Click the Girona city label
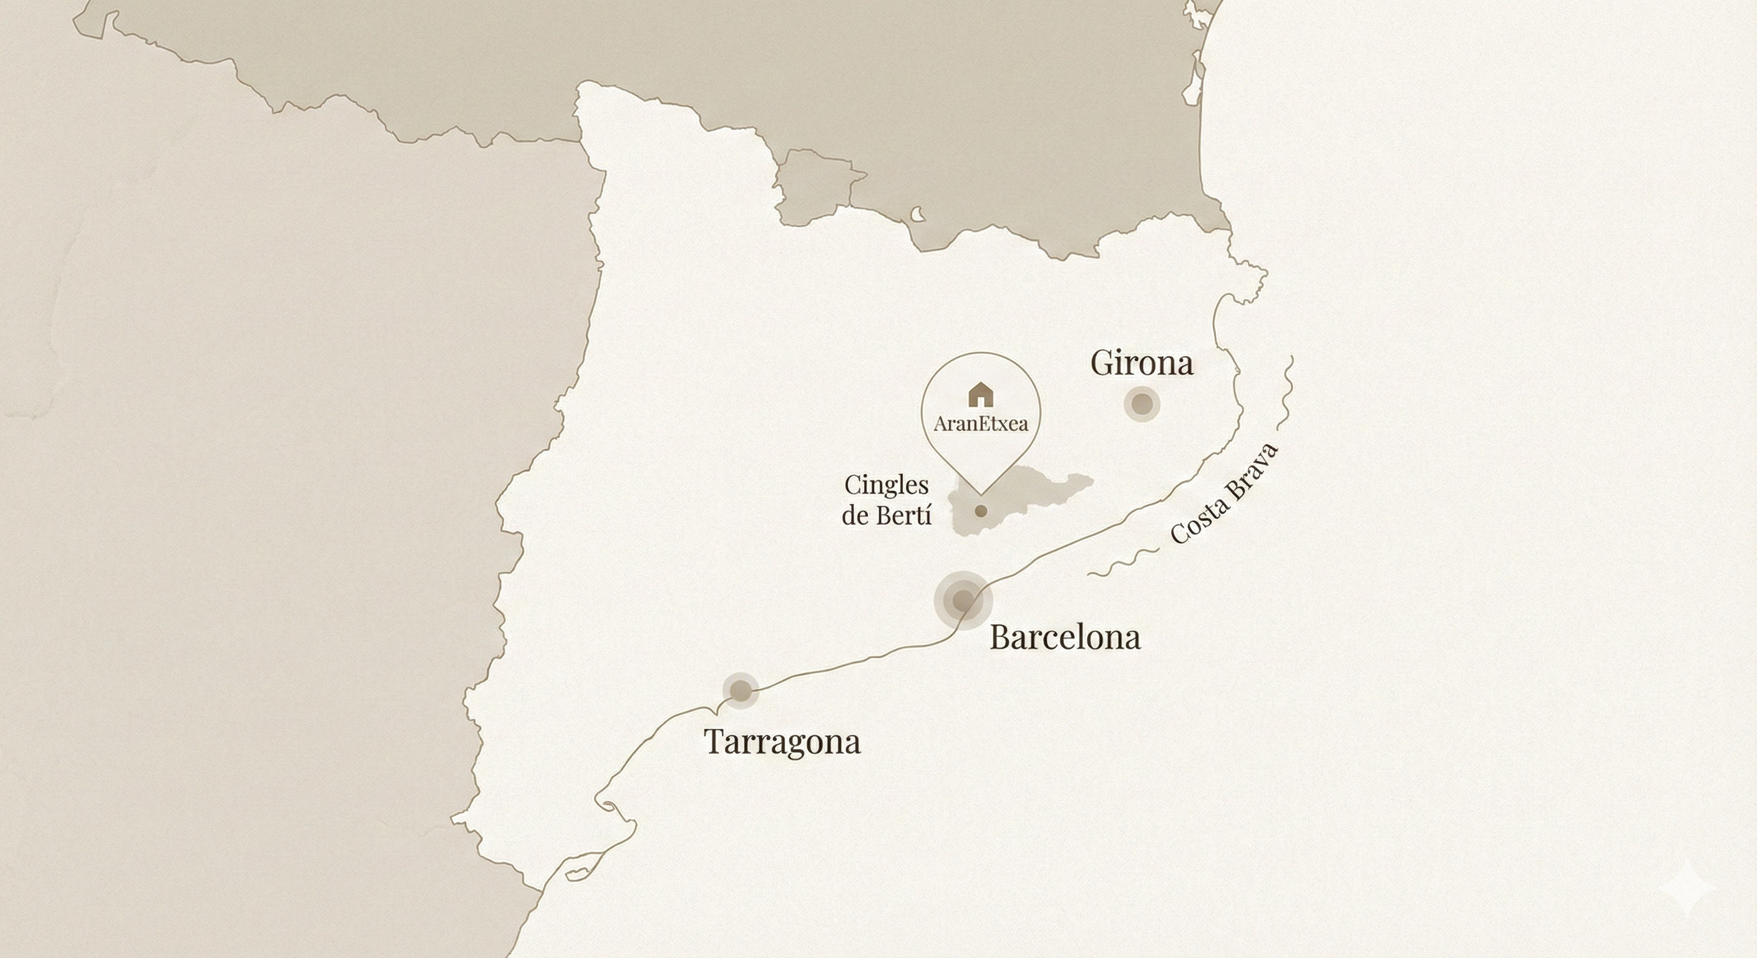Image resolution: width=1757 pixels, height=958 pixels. click(x=1142, y=363)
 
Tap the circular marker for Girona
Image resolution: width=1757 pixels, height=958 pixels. click(x=1142, y=404)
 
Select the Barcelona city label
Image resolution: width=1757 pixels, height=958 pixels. click(x=1064, y=637)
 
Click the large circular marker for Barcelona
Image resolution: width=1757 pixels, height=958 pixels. click(x=962, y=601)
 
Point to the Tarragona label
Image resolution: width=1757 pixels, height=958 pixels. click(x=782, y=741)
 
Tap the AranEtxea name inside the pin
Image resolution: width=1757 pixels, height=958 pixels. click(x=981, y=424)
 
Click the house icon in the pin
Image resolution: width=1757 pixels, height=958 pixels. click(x=981, y=394)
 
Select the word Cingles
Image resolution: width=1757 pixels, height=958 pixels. click(x=886, y=485)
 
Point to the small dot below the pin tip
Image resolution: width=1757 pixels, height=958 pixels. click(x=981, y=511)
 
